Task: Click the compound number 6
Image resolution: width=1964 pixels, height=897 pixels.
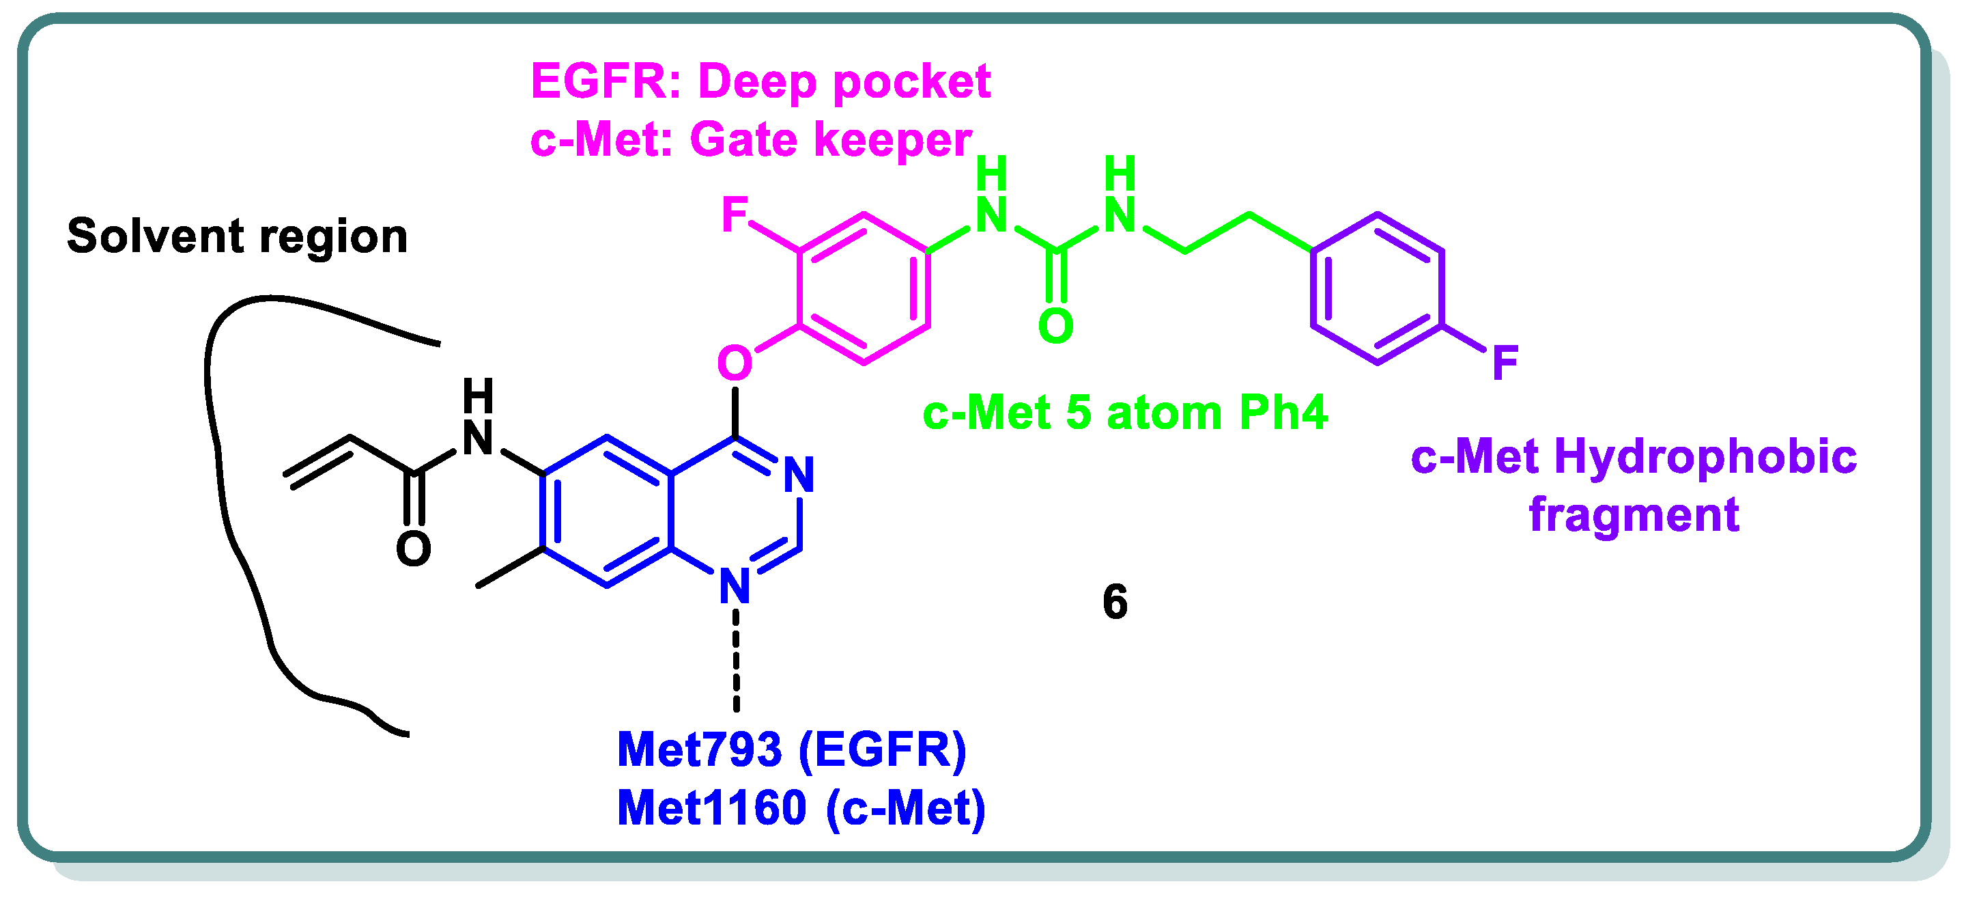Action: [x=1115, y=602]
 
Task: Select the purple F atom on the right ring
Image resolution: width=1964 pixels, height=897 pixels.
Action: [x=1505, y=362]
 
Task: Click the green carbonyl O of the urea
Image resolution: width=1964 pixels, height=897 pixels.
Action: [x=1056, y=326]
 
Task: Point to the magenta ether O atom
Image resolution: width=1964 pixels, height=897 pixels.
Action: [x=735, y=362]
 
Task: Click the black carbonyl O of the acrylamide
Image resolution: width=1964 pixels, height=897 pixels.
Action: [x=414, y=549]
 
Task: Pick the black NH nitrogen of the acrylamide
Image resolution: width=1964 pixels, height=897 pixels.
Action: [x=478, y=438]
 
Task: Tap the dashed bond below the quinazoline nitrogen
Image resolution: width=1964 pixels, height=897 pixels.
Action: [x=736, y=660]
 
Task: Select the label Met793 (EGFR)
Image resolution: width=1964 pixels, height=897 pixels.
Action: [x=791, y=750]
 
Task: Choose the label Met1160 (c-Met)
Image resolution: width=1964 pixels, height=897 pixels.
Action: [x=801, y=808]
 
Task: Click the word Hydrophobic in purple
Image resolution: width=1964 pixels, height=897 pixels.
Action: [x=1705, y=458]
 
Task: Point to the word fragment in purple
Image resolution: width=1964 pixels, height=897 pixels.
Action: [x=1634, y=515]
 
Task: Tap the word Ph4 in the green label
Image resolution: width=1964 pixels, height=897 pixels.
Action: [x=1283, y=413]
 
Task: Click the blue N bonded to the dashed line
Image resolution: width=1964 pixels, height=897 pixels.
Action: [x=735, y=585]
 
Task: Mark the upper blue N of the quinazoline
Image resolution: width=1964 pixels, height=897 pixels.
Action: [x=799, y=474]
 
